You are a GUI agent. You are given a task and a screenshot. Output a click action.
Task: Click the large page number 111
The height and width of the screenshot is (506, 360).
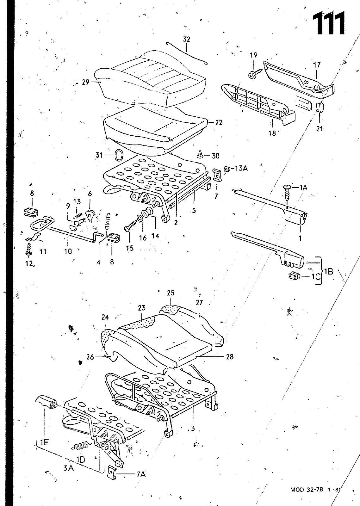329,23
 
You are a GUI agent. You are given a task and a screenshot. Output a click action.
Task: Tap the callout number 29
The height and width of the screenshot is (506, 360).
86,82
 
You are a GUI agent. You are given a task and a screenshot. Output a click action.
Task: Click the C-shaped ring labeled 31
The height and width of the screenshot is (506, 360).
119,155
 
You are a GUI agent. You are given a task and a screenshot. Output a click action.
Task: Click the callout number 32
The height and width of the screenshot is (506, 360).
186,39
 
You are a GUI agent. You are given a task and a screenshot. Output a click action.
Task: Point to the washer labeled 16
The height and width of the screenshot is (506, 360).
140,219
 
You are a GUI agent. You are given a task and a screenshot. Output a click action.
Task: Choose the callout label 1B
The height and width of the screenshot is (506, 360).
329,272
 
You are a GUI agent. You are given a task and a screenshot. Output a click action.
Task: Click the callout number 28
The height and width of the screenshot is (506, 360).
230,357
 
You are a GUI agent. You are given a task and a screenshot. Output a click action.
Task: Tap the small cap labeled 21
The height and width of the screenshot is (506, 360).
319,107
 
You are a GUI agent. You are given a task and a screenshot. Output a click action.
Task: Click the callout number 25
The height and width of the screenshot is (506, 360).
171,293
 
